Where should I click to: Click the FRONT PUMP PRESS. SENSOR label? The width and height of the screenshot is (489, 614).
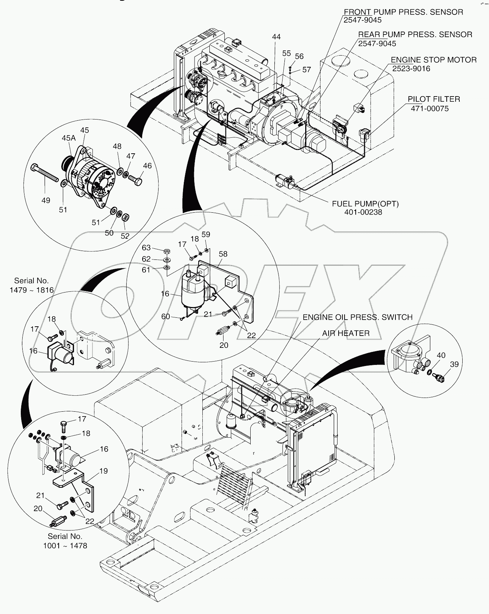[x=403, y=12]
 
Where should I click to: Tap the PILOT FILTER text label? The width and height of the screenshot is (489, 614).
[x=434, y=99]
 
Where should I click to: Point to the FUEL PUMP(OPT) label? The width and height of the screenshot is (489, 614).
[x=365, y=204]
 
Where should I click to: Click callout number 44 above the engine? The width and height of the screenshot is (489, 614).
[x=276, y=37]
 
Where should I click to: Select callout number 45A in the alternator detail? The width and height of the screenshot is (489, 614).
[x=68, y=138]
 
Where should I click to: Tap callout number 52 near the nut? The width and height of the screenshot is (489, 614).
[x=125, y=236]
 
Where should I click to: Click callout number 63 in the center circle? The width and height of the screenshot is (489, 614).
[x=146, y=248]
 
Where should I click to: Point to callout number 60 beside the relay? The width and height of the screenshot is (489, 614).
[x=166, y=316]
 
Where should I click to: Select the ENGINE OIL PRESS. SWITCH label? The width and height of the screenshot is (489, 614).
[x=357, y=317]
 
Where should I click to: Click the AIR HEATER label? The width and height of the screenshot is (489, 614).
[x=345, y=333]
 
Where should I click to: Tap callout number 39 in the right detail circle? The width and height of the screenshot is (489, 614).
[x=454, y=364]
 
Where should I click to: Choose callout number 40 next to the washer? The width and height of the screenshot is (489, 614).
[x=441, y=355]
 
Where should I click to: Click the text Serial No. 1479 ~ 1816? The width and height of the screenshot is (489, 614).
[x=32, y=285]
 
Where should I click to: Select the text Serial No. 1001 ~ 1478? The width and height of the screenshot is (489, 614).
[x=65, y=541]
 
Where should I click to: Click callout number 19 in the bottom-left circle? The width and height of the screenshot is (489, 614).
[x=103, y=471]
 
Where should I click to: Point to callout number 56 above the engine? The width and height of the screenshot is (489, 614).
[x=299, y=56]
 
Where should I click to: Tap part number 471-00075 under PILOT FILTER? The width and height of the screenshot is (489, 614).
[x=430, y=108]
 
